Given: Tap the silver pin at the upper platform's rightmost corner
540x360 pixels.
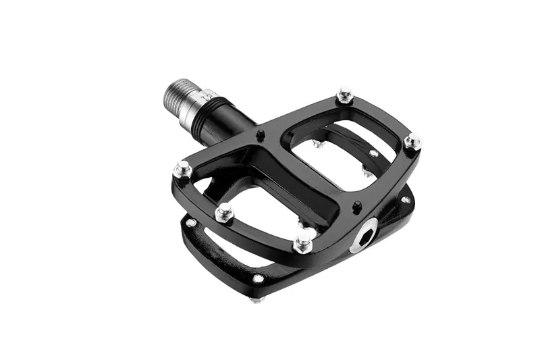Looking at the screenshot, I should click(x=412, y=142).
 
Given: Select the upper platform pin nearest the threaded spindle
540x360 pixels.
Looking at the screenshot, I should click(x=182, y=170).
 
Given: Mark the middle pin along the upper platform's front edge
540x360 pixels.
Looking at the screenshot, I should click(x=224, y=214).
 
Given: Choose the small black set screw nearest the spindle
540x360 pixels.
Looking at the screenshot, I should click(x=259, y=135).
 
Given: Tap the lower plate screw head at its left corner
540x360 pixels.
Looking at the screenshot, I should click(x=192, y=222).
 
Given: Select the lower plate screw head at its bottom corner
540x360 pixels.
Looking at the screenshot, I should click(x=258, y=279).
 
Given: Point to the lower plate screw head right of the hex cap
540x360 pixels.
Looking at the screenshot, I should click(x=405, y=200).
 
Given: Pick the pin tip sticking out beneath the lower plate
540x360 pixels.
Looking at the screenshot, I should click(x=254, y=300).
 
